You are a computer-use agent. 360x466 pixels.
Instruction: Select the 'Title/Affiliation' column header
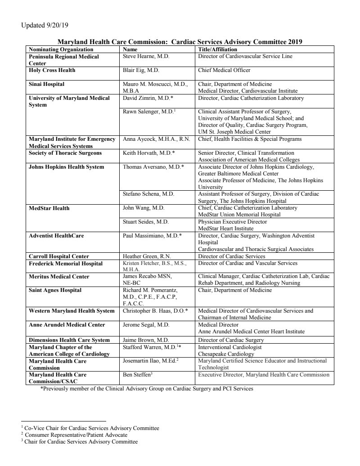[217, 49]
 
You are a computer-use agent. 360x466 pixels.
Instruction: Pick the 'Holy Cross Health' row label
[52, 71]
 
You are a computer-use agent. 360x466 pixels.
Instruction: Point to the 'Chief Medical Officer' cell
[224, 71]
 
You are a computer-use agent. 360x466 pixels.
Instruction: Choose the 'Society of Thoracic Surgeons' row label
[65, 153]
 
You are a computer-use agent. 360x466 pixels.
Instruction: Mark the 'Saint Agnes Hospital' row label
[55, 291]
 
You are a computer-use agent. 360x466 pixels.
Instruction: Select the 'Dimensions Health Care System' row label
[69, 341]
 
